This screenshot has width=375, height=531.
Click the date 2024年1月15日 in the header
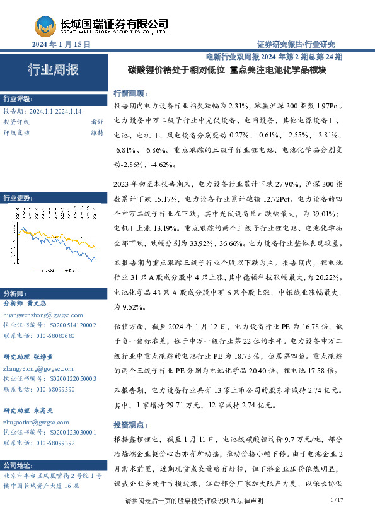pos(62,45)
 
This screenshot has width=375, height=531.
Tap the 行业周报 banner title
pos(53,70)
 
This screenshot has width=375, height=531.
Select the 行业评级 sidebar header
pos(17,100)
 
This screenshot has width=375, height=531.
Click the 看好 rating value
pos(97,122)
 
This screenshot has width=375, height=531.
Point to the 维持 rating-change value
pos(97,132)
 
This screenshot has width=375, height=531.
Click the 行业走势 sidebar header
pos(17,197)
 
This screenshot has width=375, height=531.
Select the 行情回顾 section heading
pos(129,92)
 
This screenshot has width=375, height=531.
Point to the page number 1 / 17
pos(336,517)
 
